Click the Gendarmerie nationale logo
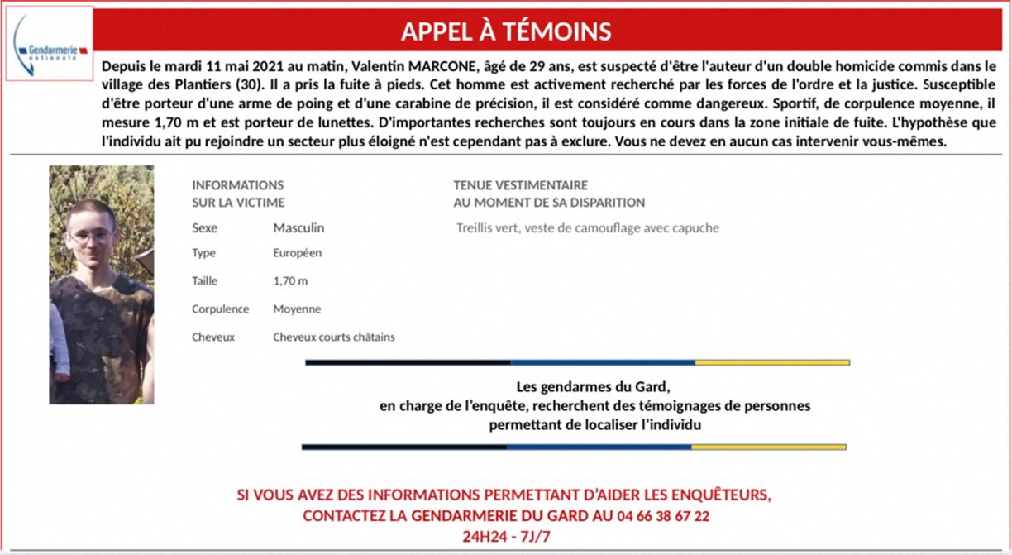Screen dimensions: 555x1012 tap(50, 45)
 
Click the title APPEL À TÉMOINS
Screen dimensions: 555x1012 tap(505, 31)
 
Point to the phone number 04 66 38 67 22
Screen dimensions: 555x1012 tap(662, 516)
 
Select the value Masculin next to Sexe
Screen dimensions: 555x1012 tap(298, 228)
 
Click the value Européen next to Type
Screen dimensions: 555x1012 tap(298, 253)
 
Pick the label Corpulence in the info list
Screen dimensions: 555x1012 tap(220, 309)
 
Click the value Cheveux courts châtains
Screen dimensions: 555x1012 tap(334, 337)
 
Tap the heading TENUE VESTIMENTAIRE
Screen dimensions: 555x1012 tap(520, 185)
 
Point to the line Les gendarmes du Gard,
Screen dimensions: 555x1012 tap(592, 387)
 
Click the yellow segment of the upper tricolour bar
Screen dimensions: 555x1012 tap(771, 362)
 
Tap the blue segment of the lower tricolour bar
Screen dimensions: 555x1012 tap(599, 447)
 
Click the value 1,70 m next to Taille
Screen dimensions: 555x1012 tap(290, 281)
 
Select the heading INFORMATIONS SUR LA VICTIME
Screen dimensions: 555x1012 tap(238, 194)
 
